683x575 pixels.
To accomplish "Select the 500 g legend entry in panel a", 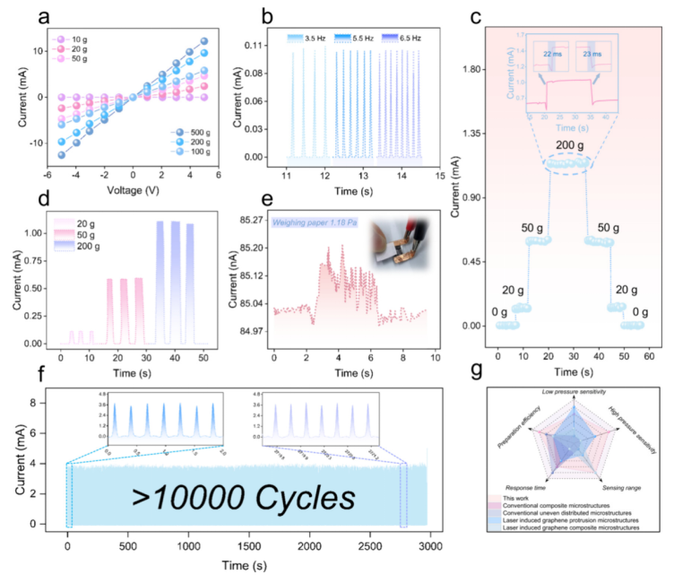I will point(191,132).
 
